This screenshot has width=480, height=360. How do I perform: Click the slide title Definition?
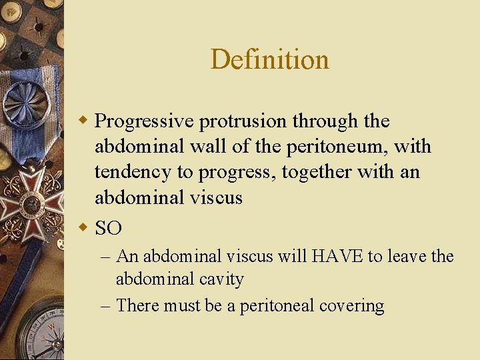pyautogui.click(x=269, y=59)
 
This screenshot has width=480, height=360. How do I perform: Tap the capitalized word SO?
pyautogui.click(x=109, y=229)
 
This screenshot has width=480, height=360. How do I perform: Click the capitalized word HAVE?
pyautogui.click(x=331, y=257)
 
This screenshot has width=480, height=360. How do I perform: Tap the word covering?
pyautogui.click(x=351, y=306)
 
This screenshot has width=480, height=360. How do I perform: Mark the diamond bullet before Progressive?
pyautogui.click(x=84, y=121)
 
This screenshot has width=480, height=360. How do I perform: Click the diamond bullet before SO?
pyautogui.click(x=84, y=228)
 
